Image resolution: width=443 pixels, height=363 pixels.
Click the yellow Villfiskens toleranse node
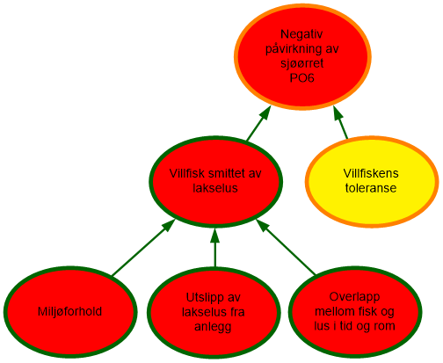click(372, 181)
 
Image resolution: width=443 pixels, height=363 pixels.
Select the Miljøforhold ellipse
click(70, 312)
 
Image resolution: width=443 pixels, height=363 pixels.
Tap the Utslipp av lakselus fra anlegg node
click(214, 312)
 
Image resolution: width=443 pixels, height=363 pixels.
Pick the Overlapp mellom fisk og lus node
click(355, 312)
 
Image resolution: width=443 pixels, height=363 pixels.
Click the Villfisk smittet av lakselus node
click(215, 181)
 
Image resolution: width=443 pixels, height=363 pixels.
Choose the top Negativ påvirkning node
click(302, 56)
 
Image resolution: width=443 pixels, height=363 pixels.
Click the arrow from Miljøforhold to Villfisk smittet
click(143, 248)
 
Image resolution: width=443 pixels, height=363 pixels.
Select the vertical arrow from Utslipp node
click(215, 247)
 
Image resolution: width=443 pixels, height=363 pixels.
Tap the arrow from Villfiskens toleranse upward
click(340, 122)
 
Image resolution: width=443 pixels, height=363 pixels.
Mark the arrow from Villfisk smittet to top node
click(258, 123)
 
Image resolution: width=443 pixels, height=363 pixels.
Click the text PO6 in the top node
click(302, 78)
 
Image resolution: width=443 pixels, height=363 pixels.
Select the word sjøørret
click(302, 63)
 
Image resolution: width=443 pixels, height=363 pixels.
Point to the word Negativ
click(301, 34)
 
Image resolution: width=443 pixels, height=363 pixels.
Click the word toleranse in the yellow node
click(371, 188)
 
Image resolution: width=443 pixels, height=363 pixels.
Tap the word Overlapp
click(354, 297)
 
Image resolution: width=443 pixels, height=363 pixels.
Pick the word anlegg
click(213, 327)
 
